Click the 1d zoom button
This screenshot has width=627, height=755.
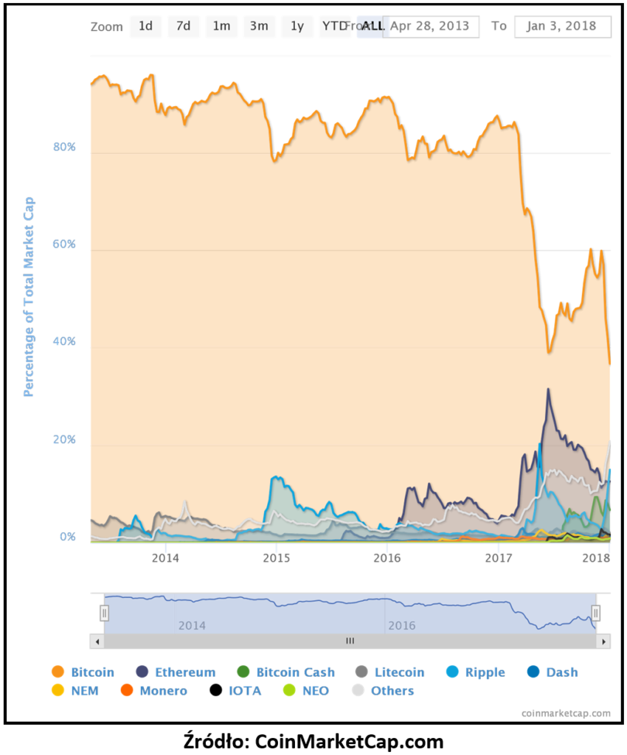point(145,27)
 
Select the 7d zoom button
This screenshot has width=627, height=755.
point(183,27)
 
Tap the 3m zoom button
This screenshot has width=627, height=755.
point(259,27)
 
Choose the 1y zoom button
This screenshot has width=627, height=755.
point(297,27)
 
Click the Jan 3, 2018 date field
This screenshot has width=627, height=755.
point(563,27)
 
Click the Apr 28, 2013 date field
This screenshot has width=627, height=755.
point(430,27)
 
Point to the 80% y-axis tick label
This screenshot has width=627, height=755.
point(64,147)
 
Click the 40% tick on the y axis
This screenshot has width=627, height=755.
point(64,342)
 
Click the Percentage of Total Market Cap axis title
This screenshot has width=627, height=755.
point(30,296)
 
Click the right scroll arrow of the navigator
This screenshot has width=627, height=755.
point(604,641)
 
